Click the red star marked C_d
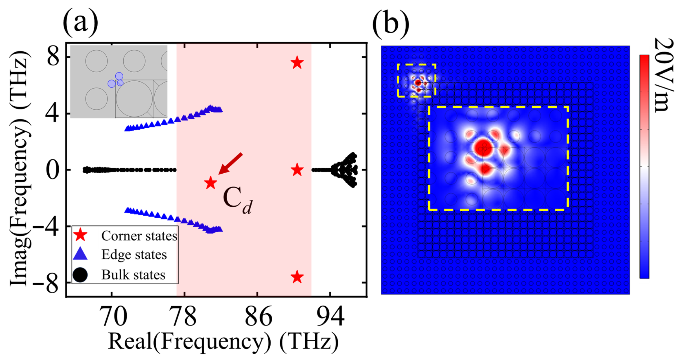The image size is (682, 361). [x=211, y=183]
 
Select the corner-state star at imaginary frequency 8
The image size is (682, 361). [x=297, y=62]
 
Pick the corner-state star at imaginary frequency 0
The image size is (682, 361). [x=297, y=170]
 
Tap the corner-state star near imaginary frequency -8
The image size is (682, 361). [x=297, y=277]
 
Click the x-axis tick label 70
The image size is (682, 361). [x=113, y=317]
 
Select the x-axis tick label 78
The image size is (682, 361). [x=184, y=317]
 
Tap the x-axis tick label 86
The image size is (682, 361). [x=258, y=317]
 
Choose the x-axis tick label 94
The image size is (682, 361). [x=330, y=317]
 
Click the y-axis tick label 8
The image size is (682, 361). [x=53, y=57]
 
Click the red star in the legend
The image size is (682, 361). [x=80, y=235]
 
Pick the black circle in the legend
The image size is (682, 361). [x=80, y=275]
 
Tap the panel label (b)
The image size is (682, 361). [x=391, y=23]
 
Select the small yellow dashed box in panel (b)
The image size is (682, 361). [x=416, y=80]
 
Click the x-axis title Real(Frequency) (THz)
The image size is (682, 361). [x=223, y=341]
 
